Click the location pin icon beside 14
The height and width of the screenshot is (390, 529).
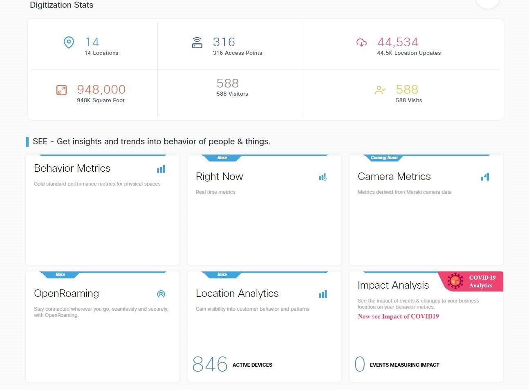pos(69,43)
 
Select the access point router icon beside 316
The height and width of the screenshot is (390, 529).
pos(197,43)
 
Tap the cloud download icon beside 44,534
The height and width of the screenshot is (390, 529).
pos(361,43)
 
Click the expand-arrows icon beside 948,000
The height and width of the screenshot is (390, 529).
pos(61,90)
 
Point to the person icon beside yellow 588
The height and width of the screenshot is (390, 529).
pos(380,90)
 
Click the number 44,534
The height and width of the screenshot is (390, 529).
pos(397,42)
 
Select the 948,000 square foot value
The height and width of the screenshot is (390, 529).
pos(101,90)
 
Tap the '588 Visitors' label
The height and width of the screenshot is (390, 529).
pos(232,94)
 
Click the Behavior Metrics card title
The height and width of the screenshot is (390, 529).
pos(72,168)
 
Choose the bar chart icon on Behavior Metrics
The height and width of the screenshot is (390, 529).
pos(161,169)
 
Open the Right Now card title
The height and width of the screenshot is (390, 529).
pos(219,177)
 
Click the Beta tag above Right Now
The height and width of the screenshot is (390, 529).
pos(222,158)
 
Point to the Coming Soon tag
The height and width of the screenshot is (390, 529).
pos(384,158)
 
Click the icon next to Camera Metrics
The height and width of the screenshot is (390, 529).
pos(485,177)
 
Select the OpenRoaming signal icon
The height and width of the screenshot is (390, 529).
pos(161,294)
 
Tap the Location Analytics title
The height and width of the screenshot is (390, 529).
pos(237,294)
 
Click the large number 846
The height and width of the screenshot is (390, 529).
pos(210,364)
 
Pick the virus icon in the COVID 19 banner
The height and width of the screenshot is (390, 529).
pos(455,281)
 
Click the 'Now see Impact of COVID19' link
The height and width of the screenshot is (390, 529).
pos(398,316)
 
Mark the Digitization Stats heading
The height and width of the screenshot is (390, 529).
pos(61,5)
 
